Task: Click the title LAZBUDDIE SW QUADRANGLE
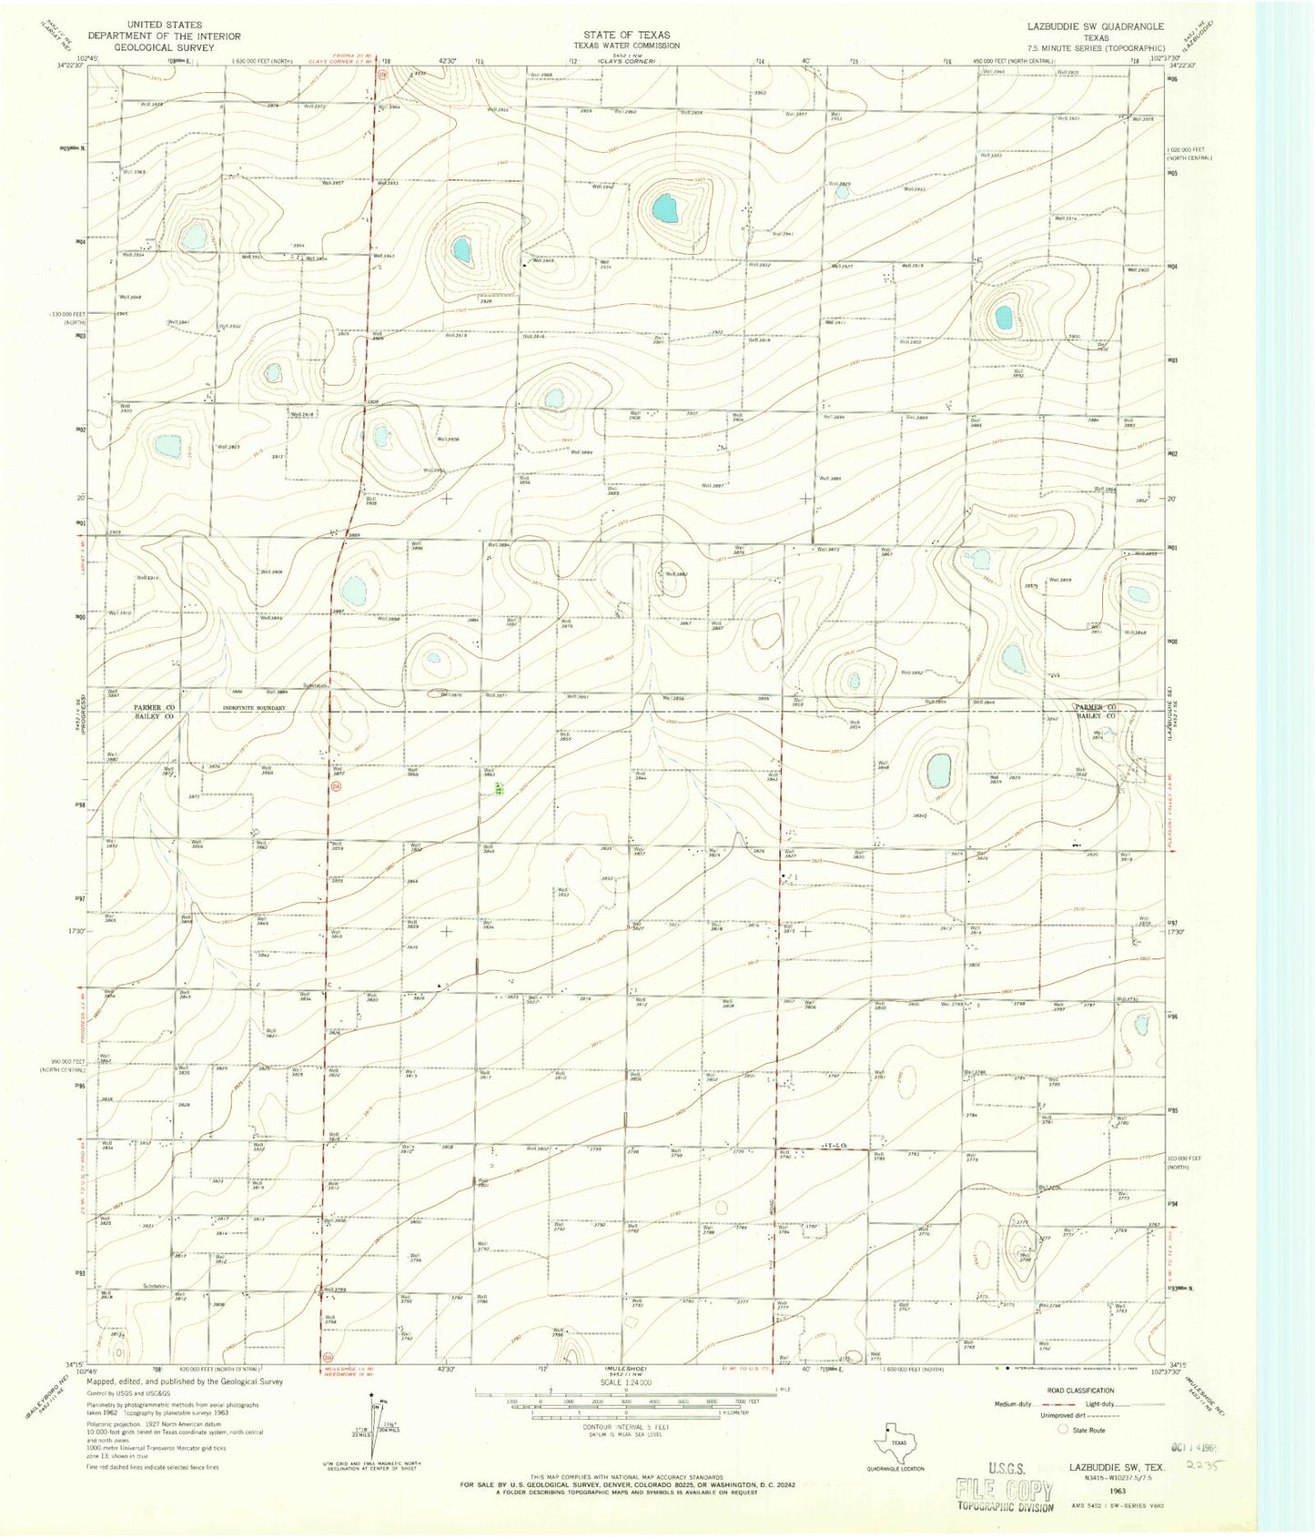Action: [1096, 26]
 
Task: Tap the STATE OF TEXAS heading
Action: [626, 35]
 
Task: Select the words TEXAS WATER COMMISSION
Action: [626, 45]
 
